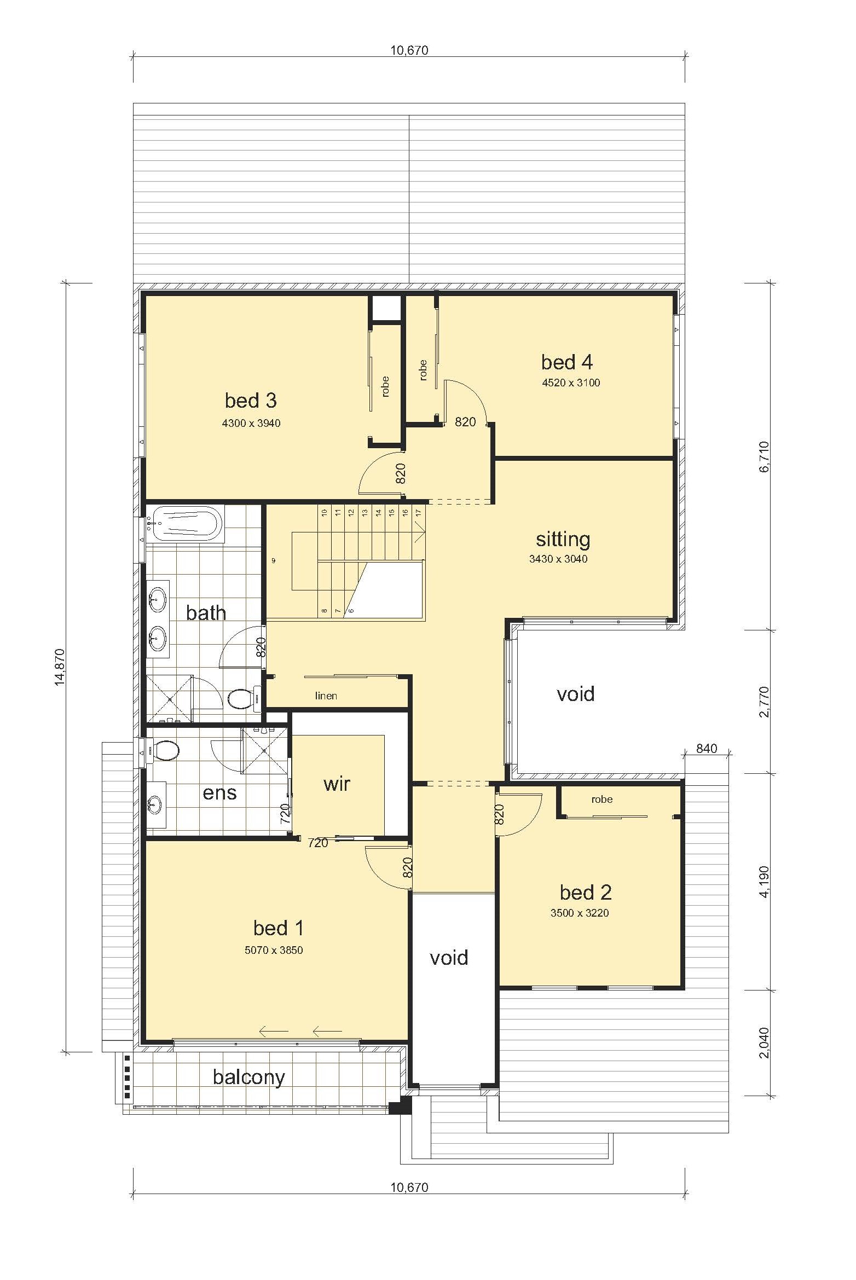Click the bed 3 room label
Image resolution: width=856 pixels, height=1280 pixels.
tap(251, 401)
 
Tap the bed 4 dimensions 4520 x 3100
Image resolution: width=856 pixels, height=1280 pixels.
tap(571, 383)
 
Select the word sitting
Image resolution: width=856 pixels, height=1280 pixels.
tap(563, 539)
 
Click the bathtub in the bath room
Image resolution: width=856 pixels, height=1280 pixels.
tap(186, 524)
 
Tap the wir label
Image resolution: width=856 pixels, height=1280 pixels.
tap(337, 784)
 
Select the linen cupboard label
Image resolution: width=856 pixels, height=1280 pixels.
tap(326, 696)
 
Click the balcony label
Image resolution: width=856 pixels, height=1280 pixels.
tap(249, 1078)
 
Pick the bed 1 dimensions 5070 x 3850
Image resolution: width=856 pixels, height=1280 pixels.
tap(274, 951)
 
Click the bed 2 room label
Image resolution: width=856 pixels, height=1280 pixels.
tap(586, 893)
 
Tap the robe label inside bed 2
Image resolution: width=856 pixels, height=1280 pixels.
tap(601, 800)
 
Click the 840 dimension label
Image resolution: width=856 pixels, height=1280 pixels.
tap(707, 749)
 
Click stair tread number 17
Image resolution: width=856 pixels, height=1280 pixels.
tap(418, 513)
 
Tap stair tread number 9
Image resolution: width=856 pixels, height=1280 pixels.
tap(273, 560)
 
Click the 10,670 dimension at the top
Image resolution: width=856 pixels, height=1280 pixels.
tap(409, 51)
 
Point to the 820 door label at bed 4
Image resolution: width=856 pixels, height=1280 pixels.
tap(465, 421)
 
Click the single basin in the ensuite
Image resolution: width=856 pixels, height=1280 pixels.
tap(157, 804)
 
